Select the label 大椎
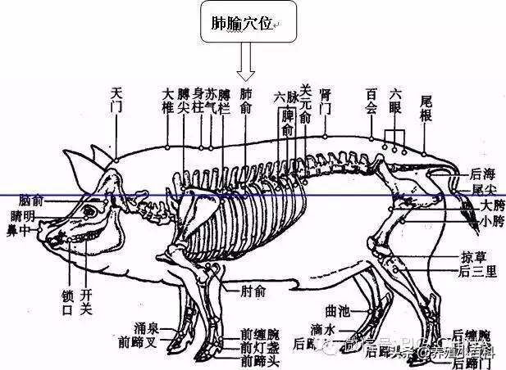168,101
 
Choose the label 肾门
326,101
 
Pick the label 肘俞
253,290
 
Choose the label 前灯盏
259,346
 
